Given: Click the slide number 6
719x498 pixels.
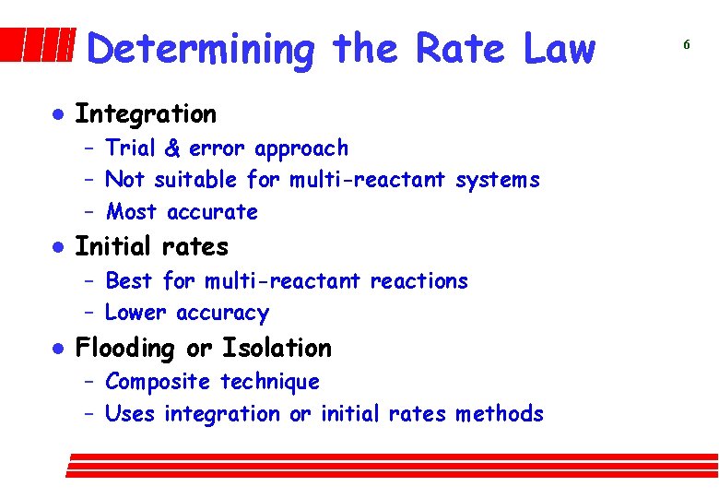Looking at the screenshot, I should click(x=687, y=44).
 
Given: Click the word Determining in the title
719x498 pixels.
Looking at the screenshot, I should click(x=201, y=49).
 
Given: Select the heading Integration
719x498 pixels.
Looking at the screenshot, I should click(x=145, y=114).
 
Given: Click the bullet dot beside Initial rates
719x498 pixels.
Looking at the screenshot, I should click(x=56, y=247).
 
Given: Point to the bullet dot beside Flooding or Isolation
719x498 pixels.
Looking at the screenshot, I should click(x=56, y=349).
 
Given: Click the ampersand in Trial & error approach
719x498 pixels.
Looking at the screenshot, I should click(x=173, y=148).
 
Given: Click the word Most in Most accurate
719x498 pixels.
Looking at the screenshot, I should click(x=131, y=212).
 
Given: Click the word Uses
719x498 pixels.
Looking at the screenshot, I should click(x=130, y=414).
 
